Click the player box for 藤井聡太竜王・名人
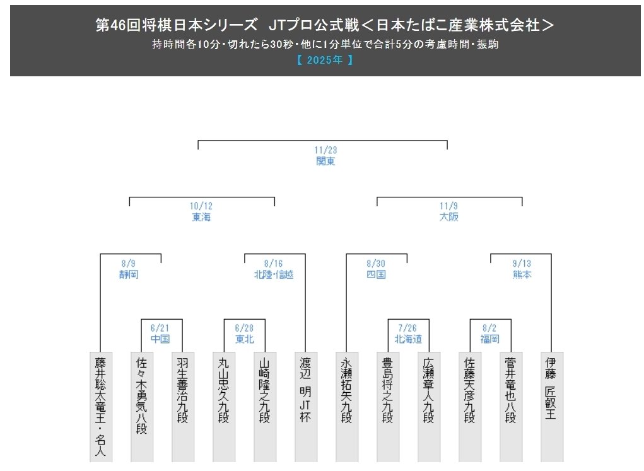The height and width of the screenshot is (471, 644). pos(100,407)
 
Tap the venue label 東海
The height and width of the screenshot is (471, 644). pos(201,217)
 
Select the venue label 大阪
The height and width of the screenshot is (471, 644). pos(449,217)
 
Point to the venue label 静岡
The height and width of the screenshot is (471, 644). pos(129,274)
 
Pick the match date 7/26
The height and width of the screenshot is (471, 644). pos(408,329)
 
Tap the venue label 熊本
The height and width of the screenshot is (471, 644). pos(522,274)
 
